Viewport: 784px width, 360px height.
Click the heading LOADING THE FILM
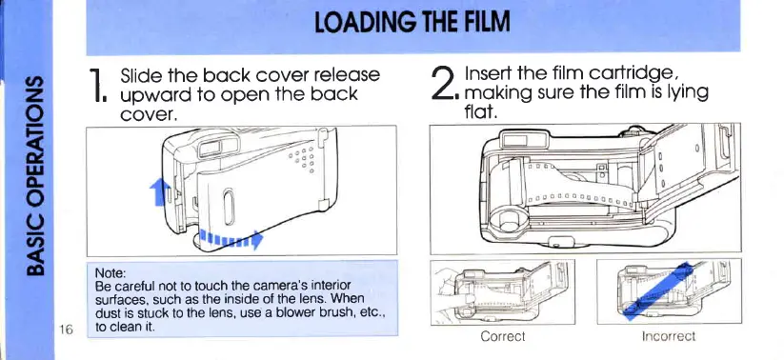pos(412,23)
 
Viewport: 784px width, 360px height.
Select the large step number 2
pos(445,83)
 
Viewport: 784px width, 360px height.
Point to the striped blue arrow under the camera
pos(231,238)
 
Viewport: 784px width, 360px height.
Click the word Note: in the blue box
pos(110,273)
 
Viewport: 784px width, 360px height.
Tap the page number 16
pos(66,329)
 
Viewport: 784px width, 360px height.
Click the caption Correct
pos(502,336)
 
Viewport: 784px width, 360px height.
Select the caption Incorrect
pos(669,336)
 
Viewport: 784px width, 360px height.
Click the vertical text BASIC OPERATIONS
pos(35,176)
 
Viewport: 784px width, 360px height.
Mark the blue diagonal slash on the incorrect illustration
pos(657,291)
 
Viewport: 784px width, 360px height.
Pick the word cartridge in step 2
pos(632,74)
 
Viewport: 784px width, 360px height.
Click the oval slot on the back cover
pos(228,207)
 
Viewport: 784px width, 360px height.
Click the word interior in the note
pos(333,286)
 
